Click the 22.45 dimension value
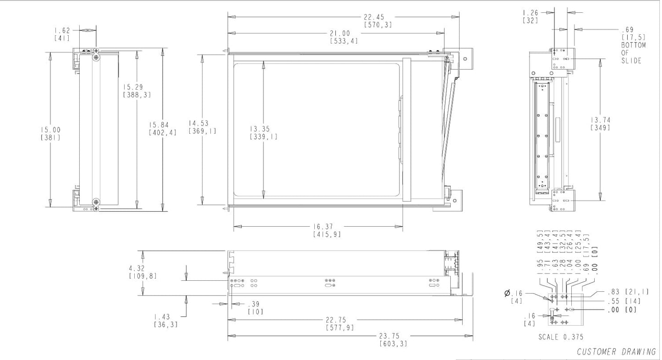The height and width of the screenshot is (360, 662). coord(374,17)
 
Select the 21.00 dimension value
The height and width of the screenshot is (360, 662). coord(340,33)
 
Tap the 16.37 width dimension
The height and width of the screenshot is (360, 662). coord(323,227)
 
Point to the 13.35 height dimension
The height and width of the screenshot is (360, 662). coord(260,129)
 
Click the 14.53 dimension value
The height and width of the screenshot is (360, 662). coord(199,123)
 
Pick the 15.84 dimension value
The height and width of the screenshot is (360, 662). coord(159,125)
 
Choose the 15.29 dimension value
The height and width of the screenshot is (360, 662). coord(133,87)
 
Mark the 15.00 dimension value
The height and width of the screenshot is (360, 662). coord(50,130)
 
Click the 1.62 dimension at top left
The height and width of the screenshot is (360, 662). coord(62,30)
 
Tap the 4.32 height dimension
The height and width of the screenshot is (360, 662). coord(137,268)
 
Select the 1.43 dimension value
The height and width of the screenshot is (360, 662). coord(162,317)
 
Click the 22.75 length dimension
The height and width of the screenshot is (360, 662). coord(336,320)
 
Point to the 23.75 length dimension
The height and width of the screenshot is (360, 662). coord(389,336)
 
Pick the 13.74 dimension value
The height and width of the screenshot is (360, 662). coord(601,120)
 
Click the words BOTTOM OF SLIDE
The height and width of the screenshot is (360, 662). coord(633,53)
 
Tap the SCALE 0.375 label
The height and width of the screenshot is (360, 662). coord(561,337)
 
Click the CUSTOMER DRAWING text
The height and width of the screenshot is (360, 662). coord(617,352)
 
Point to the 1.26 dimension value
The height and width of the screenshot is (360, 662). coord(531,13)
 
